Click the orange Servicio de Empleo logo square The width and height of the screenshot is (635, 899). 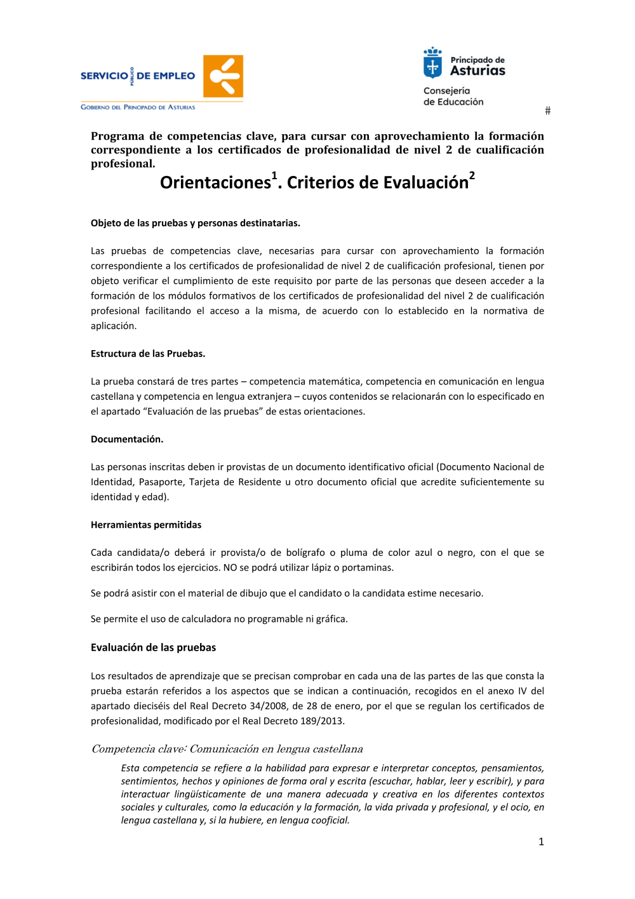click(x=223, y=76)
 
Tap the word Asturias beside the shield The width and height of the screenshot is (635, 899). click(x=478, y=71)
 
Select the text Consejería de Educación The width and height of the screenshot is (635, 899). click(x=453, y=97)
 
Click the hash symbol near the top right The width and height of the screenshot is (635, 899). click(x=547, y=111)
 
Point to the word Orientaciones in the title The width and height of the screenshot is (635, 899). click(x=215, y=183)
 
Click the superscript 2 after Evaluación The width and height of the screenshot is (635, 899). click(x=472, y=175)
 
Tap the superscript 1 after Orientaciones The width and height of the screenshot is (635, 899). click(x=274, y=175)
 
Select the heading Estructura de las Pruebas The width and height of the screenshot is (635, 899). click(x=148, y=354)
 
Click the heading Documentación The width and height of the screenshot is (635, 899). click(x=127, y=440)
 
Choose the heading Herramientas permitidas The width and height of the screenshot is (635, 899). click(x=146, y=525)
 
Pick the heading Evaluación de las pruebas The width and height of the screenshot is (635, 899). click(x=153, y=648)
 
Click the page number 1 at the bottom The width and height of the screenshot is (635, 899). click(x=541, y=842)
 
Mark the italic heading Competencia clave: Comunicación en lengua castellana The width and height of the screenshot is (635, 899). click(x=227, y=750)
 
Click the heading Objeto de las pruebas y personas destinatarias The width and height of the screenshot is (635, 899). click(x=196, y=224)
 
